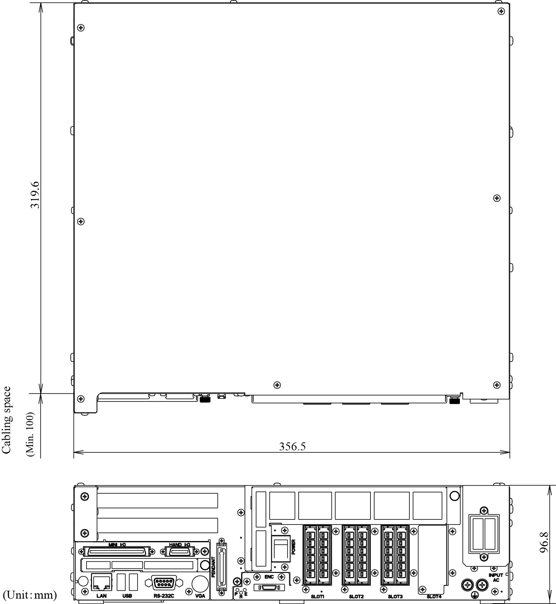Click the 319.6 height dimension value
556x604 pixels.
pos(35,195)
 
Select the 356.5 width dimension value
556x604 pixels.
pos(292,446)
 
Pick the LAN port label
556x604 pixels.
pos(102,596)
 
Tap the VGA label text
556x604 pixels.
pos(200,596)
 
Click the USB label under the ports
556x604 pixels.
pos(127,596)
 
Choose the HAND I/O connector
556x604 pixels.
pos(179,552)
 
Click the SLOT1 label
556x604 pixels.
pos(317,597)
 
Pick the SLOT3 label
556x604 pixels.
pos(395,597)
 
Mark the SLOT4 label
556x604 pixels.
pos(434,597)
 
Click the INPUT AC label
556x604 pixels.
pos(496,577)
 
